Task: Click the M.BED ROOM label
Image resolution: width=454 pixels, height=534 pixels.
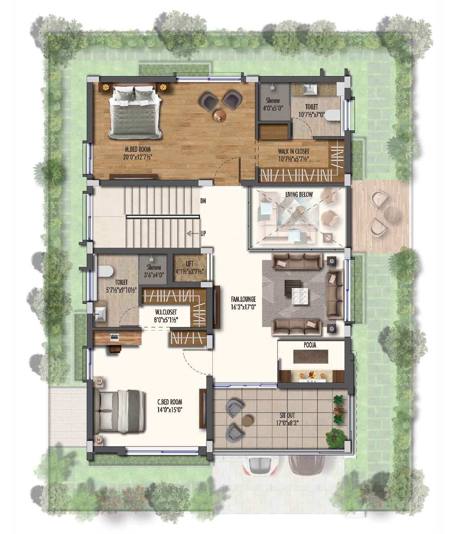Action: tap(138, 149)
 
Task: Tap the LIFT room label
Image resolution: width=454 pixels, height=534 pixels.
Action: tap(189, 264)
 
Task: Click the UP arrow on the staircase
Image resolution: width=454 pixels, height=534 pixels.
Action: tap(191, 234)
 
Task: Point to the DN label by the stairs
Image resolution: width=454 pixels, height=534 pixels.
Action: tap(203, 201)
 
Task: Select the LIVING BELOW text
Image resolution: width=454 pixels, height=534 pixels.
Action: tap(299, 194)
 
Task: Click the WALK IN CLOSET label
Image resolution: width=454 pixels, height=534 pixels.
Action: tap(293, 151)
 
